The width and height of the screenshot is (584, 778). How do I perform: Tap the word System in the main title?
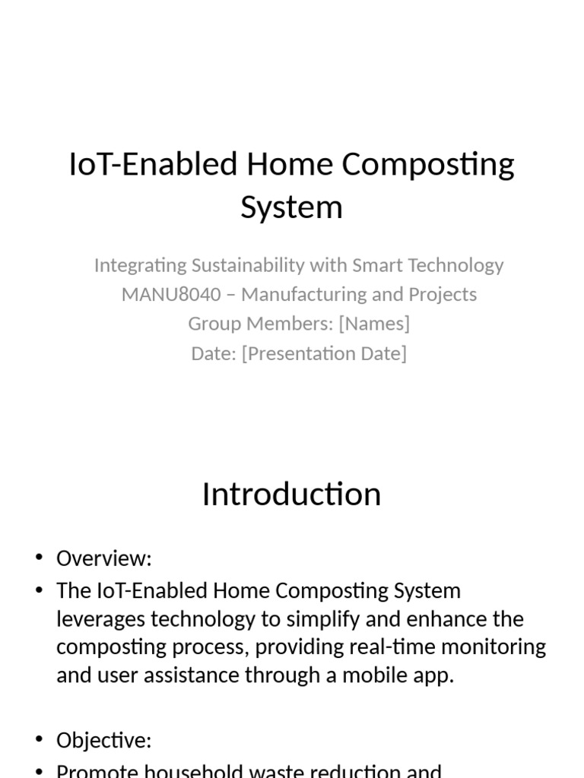coord(291,207)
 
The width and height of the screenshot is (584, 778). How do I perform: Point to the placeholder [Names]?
coord(374,324)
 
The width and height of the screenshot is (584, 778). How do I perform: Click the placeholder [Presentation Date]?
coord(324,353)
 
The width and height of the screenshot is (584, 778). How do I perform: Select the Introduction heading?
coord(291,494)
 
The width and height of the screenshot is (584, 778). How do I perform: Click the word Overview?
coord(104,559)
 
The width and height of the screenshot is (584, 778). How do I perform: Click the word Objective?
coord(104,741)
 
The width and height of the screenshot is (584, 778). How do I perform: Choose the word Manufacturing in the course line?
coord(300,294)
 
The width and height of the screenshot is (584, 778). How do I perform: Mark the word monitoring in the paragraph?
coord(505,647)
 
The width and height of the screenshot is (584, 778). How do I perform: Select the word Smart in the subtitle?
coord(376,265)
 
